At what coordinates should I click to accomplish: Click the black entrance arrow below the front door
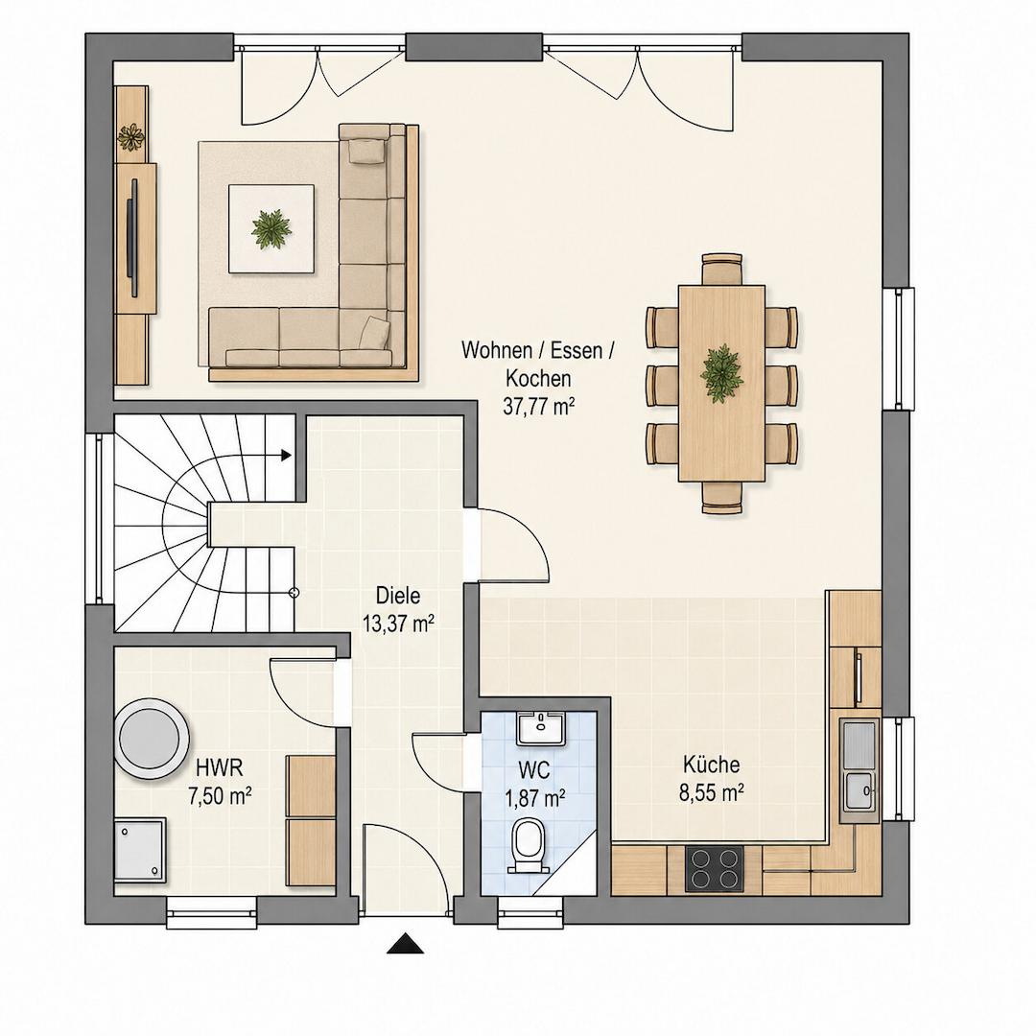[405, 944]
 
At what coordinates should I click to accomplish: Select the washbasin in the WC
[541, 729]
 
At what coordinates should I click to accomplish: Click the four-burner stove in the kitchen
[715, 868]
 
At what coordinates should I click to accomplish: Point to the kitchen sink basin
[859, 790]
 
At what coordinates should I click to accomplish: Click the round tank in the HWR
[152, 738]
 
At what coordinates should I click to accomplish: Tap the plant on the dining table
[721, 374]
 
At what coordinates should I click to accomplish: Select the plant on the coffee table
[271, 229]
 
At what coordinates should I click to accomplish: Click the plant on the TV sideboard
[130, 137]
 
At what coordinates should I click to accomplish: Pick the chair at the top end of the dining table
[722, 269]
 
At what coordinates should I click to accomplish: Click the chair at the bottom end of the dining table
[722, 498]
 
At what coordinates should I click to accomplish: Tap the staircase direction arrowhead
[286, 455]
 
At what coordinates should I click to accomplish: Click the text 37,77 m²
[538, 406]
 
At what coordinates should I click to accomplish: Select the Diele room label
[398, 596]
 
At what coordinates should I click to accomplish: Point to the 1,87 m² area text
[534, 798]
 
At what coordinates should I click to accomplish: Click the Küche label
[711, 765]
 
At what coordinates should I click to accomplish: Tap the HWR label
[220, 767]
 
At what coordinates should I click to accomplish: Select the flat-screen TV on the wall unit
[133, 237]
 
